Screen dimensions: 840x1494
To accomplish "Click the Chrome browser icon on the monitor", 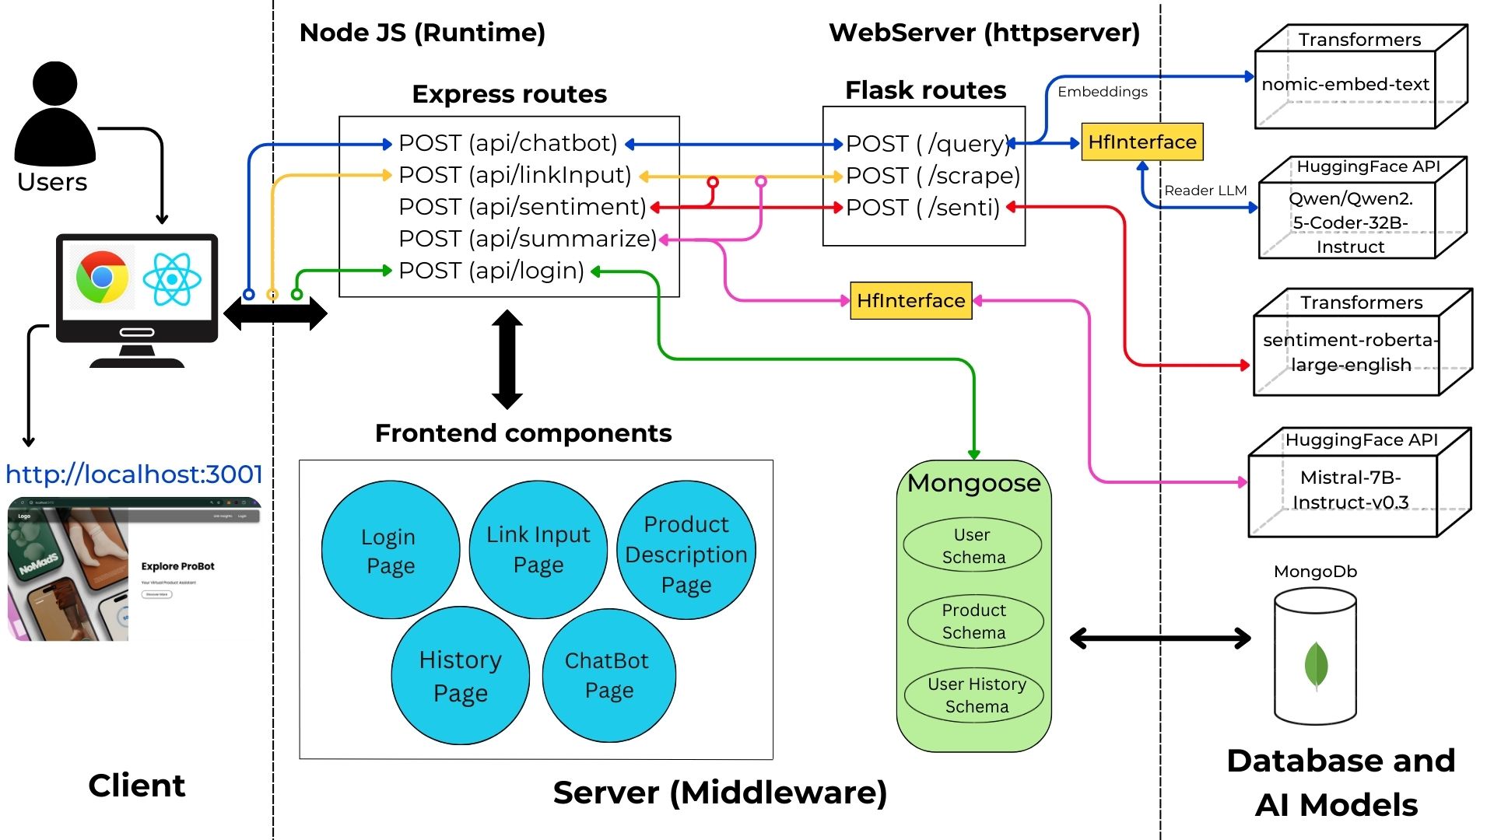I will coord(102,277).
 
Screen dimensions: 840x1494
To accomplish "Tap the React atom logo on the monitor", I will coord(172,278).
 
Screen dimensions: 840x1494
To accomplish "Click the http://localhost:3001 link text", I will coord(134,474).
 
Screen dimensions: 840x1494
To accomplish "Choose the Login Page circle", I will coord(390,550).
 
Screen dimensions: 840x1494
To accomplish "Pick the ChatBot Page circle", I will coord(608,675).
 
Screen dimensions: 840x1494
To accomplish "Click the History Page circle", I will coord(460,675).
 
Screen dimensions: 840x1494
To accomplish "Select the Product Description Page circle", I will coord(686,553).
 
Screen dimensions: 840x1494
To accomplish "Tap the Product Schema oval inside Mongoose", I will coord(973,621).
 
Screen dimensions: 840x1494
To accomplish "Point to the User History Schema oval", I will coord(976,695).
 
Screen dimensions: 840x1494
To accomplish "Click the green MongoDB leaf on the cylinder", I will coord(1315,665).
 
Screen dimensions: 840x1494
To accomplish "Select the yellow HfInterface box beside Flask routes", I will coord(1142,142).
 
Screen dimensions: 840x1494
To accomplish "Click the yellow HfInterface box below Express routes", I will coord(910,300).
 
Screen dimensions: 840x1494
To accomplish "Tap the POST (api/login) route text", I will coord(491,271).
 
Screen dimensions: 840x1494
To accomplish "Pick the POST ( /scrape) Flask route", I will coord(932,176).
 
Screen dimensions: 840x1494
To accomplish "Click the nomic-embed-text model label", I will coord(1345,84).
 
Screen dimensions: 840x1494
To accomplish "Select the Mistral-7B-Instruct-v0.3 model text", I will coord(1350,489).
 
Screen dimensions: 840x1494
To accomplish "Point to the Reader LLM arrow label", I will coord(1205,190).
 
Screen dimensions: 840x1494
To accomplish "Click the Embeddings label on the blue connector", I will coord(1102,91).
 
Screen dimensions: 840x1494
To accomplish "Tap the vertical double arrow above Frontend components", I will coord(507,359).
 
